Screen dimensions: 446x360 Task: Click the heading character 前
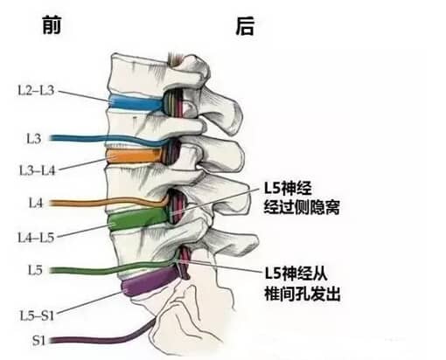pos(52,25)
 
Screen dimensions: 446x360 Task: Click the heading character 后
pos(245,26)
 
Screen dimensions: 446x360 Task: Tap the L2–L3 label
pos(36,91)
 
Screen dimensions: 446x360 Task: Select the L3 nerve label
pos(34,139)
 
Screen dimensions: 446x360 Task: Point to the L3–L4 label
pos(37,170)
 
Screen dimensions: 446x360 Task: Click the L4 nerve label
pos(36,203)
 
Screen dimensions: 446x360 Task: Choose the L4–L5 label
pos(36,238)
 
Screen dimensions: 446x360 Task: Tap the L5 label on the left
pos(35,270)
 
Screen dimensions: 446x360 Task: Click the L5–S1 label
pos(37,315)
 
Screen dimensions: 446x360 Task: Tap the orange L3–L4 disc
pos(135,156)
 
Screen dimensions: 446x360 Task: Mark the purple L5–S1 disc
pos(151,281)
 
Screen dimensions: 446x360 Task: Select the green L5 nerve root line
pos(113,270)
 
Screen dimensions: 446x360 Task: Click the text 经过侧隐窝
pos(302,207)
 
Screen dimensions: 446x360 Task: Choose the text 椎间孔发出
pos(303,294)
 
